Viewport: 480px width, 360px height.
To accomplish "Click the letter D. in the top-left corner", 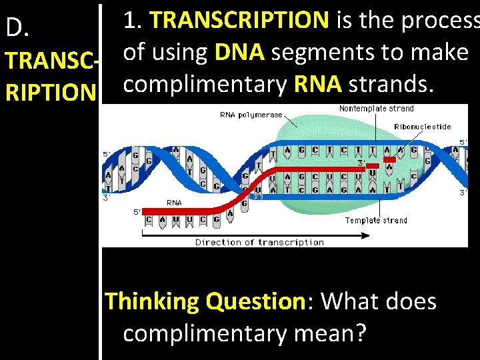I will (x=17, y=27).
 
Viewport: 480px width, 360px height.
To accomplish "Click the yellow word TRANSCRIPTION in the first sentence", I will (x=239, y=20).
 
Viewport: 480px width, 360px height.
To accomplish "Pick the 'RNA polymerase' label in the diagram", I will (x=251, y=115).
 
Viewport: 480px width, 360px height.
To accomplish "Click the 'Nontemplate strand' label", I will (x=376, y=109).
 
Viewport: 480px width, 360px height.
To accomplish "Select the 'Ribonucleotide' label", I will (x=422, y=127).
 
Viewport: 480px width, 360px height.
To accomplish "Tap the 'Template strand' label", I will (x=376, y=220).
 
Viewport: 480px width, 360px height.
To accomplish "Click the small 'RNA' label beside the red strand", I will (x=174, y=203).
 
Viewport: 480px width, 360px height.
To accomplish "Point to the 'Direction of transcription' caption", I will (x=259, y=243).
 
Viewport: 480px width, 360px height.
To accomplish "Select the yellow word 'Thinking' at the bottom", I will (x=153, y=301).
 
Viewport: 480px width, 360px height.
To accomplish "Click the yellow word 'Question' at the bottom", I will (x=256, y=301).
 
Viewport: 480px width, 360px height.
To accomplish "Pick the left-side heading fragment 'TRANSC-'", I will (x=48, y=61).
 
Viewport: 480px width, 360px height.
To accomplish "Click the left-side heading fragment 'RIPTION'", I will (x=47, y=93).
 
